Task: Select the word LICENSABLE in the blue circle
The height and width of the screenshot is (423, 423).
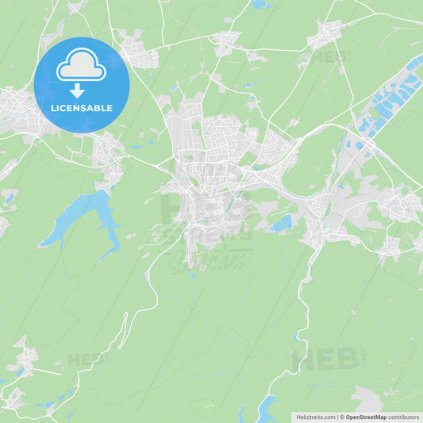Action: point(82,108)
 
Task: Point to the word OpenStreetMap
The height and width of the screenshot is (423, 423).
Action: point(364,416)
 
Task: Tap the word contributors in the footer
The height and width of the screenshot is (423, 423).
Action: point(404,416)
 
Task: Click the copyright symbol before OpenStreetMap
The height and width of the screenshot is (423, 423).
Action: point(342,416)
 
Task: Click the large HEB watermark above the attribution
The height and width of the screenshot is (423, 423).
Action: point(325,360)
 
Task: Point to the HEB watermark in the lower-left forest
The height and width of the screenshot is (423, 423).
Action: point(86,359)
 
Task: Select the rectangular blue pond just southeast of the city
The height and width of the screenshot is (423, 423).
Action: point(282,225)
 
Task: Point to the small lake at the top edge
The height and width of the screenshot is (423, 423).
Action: point(260,5)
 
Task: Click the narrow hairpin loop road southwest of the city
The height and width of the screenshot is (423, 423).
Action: point(124,325)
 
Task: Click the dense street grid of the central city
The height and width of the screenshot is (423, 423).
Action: point(210,175)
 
